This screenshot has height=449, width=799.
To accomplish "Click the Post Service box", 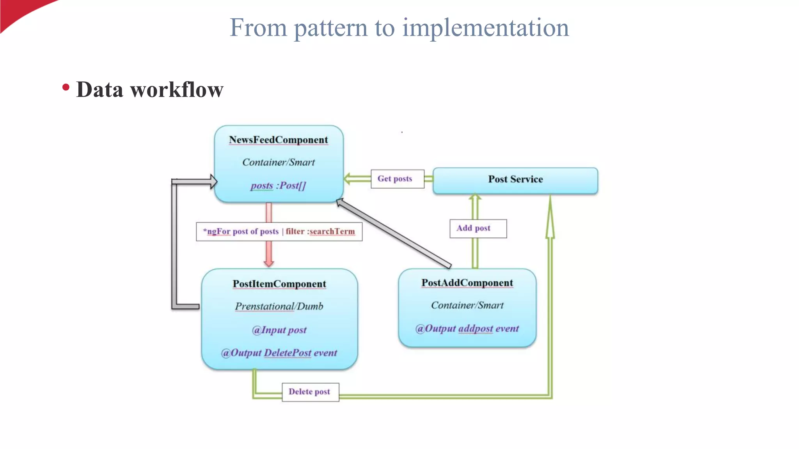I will pos(515,180).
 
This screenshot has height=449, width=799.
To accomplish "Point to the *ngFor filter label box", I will pos(279,232).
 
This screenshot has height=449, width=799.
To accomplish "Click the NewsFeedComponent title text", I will pos(278,140).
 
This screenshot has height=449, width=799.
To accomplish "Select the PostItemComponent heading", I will pos(279,284).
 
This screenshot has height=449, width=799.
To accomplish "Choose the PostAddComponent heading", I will pos(467,283).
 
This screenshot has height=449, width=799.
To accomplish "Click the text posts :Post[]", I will pos(278,186).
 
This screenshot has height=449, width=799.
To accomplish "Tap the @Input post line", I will pos(279,330).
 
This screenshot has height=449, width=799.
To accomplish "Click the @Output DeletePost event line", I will pos(279,353).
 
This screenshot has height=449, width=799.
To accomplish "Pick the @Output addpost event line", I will pos(467,329).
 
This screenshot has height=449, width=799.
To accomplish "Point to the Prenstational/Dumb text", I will pos(279,306).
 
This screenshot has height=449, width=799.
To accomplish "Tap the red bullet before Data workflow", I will pos(66,88).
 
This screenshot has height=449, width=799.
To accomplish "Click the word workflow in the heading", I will pos(176,90).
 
